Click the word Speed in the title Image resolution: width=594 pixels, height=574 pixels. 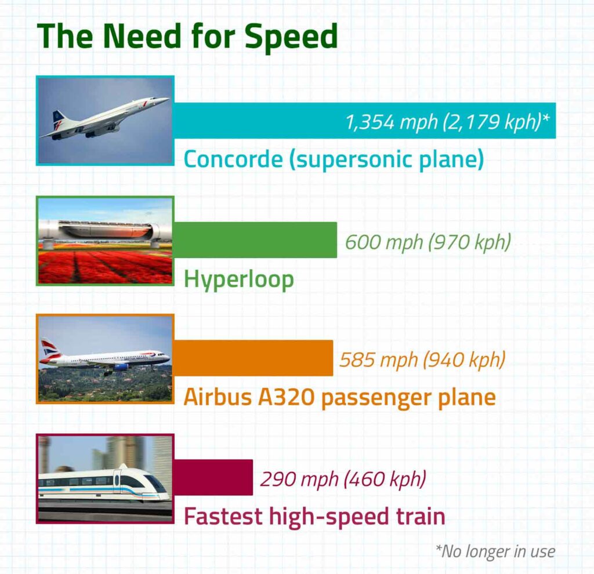point(290,36)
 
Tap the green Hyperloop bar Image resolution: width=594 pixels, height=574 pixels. point(255,239)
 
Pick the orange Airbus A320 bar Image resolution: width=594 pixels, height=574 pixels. point(253,358)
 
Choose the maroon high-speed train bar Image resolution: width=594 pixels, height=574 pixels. point(213,477)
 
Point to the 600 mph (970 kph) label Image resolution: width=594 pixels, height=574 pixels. point(428,241)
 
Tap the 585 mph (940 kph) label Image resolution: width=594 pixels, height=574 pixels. point(422,359)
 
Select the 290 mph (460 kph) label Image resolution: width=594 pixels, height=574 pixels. point(343,479)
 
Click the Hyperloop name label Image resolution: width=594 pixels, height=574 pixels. point(239,279)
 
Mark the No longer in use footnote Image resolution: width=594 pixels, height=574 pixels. point(494,551)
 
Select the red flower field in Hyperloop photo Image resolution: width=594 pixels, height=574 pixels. point(104,267)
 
